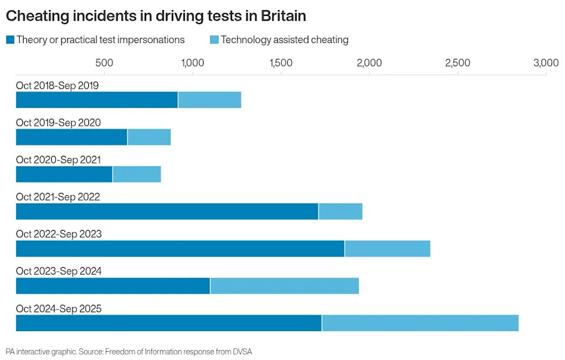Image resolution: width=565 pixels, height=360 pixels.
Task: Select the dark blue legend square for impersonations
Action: coord(10,40)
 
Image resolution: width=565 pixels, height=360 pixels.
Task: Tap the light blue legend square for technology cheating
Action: coord(214,40)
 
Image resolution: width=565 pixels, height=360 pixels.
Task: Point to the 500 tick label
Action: coord(104,63)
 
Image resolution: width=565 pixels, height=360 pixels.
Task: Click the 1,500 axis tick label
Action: coord(281,63)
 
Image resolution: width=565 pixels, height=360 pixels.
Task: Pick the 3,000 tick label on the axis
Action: coord(545,63)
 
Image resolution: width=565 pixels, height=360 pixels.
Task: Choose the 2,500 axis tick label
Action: coord(457,63)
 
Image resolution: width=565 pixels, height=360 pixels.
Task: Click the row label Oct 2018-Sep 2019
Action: coord(57,86)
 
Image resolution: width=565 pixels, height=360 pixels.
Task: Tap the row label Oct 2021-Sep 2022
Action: coord(58,197)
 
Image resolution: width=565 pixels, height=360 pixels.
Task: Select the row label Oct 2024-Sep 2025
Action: coord(58,308)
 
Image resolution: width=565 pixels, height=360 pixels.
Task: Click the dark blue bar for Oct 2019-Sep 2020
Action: coord(71,137)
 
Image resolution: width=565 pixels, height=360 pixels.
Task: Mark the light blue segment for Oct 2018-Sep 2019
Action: coord(210,100)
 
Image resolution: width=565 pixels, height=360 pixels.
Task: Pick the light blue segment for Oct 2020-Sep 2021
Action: coord(137,174)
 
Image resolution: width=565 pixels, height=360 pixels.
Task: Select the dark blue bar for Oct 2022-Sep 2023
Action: coord(180,248)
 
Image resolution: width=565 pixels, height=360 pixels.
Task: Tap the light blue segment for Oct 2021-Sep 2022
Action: coord(340,211)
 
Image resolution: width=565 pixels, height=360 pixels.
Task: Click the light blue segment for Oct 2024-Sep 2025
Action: coord(420,323)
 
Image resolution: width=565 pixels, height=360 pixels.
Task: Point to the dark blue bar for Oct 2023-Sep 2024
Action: coord(112,286)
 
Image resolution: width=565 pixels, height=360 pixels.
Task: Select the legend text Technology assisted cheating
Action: coord(285,40)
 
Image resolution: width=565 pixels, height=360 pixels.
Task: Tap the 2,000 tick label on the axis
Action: coord(369,63)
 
